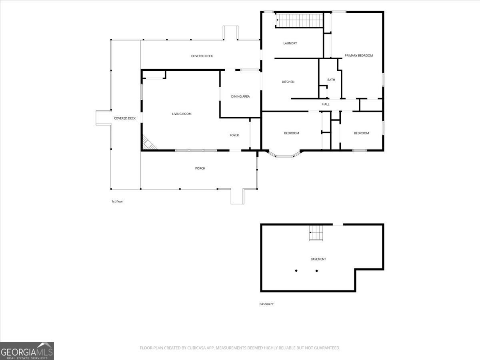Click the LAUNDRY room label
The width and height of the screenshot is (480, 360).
click(x=290, y=43)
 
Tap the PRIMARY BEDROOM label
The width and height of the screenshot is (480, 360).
click(x=359, y=56)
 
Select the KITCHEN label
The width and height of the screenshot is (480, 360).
click(x=288, y=82)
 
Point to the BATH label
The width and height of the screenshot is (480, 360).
click(x=331, y=80)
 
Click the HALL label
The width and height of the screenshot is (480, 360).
click(x=326, y=104)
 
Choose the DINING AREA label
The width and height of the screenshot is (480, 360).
click(x=240, y=96)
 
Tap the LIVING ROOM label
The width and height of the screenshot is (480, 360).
click(x=182, y=114)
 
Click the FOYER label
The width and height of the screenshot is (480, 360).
click(x=234, y=135)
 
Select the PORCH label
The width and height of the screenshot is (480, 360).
click(x=200, y=168)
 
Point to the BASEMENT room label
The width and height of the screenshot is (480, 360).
click(x=318, y=259)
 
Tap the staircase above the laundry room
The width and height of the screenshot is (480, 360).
click(x=299, y=20)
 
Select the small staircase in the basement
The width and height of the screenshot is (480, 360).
click(x=316, y=233)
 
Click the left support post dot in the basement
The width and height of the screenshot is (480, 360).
click(x=296, y=271)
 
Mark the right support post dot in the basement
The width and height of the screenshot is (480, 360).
click(x=317, y=271)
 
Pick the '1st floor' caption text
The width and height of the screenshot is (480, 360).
click(x=117, y=202)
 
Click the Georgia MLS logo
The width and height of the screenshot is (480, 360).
click(x=27, y=351)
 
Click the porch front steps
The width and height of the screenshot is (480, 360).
click(x=238, y=196)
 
